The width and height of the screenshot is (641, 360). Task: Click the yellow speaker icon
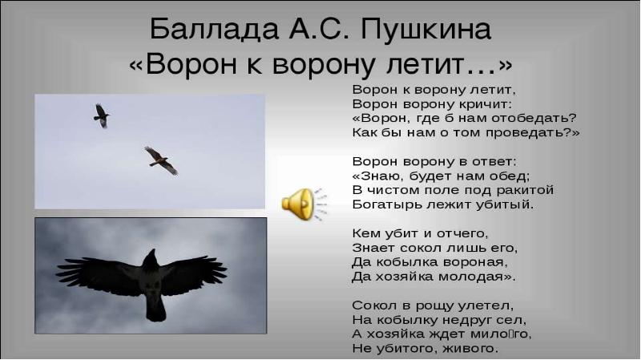[x=304, y=204]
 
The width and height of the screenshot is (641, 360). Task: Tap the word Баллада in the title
[x=214, y=30]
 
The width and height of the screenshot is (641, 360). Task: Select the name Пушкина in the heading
[x=426, y=30]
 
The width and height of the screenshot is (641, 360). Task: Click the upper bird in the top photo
[x=102, y=115]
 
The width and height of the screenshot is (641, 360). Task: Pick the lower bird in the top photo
[x=161, y=161]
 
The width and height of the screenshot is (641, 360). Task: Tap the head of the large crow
[x=151, y=257]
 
